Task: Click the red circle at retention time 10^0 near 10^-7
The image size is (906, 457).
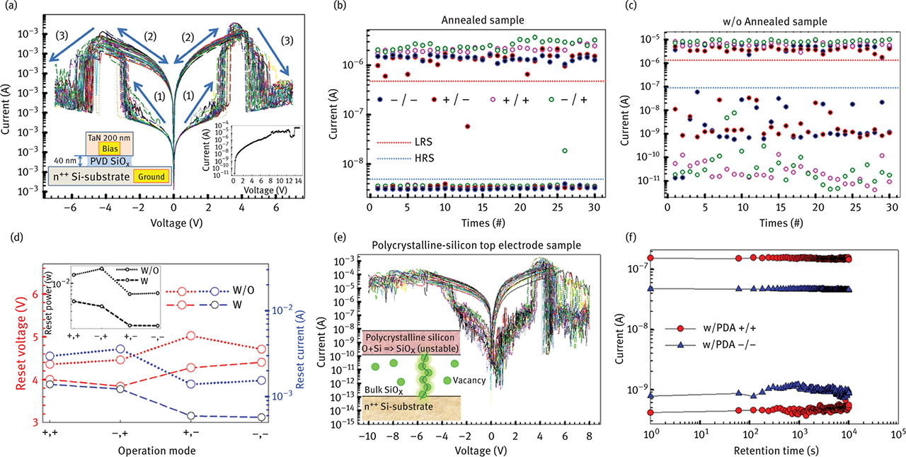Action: [x=650, y=258]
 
